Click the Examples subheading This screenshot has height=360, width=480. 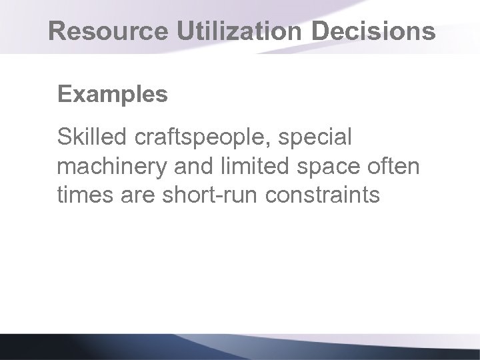(113, 95)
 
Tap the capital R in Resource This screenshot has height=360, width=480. (59, 31)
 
